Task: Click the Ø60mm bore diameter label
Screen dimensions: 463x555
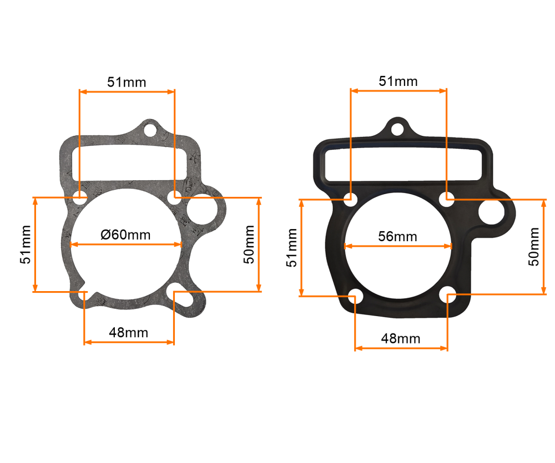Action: (x=125, y=234)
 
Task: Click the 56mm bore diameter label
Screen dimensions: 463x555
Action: (x=397, y=236)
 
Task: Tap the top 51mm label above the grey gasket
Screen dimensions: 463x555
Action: (x=127, y=82)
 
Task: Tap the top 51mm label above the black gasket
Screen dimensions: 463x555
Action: (x=398, y=81)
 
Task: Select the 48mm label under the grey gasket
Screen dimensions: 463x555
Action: (x=129, y=333)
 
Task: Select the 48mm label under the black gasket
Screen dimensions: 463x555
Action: (x=401, y=338)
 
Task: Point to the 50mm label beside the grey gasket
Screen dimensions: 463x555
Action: (x=249, y=244)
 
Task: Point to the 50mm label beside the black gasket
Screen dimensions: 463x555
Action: (x=534, y=246)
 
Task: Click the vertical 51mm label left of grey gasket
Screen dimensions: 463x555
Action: (x=25, y=245)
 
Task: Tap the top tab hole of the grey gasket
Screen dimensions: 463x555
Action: (x=150, y=130)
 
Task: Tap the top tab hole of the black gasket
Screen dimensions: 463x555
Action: (x=397, y=129)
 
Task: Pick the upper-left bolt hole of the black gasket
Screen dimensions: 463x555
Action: (x=350, y=198)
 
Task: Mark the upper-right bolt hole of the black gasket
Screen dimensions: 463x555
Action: (x=447, y=198)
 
